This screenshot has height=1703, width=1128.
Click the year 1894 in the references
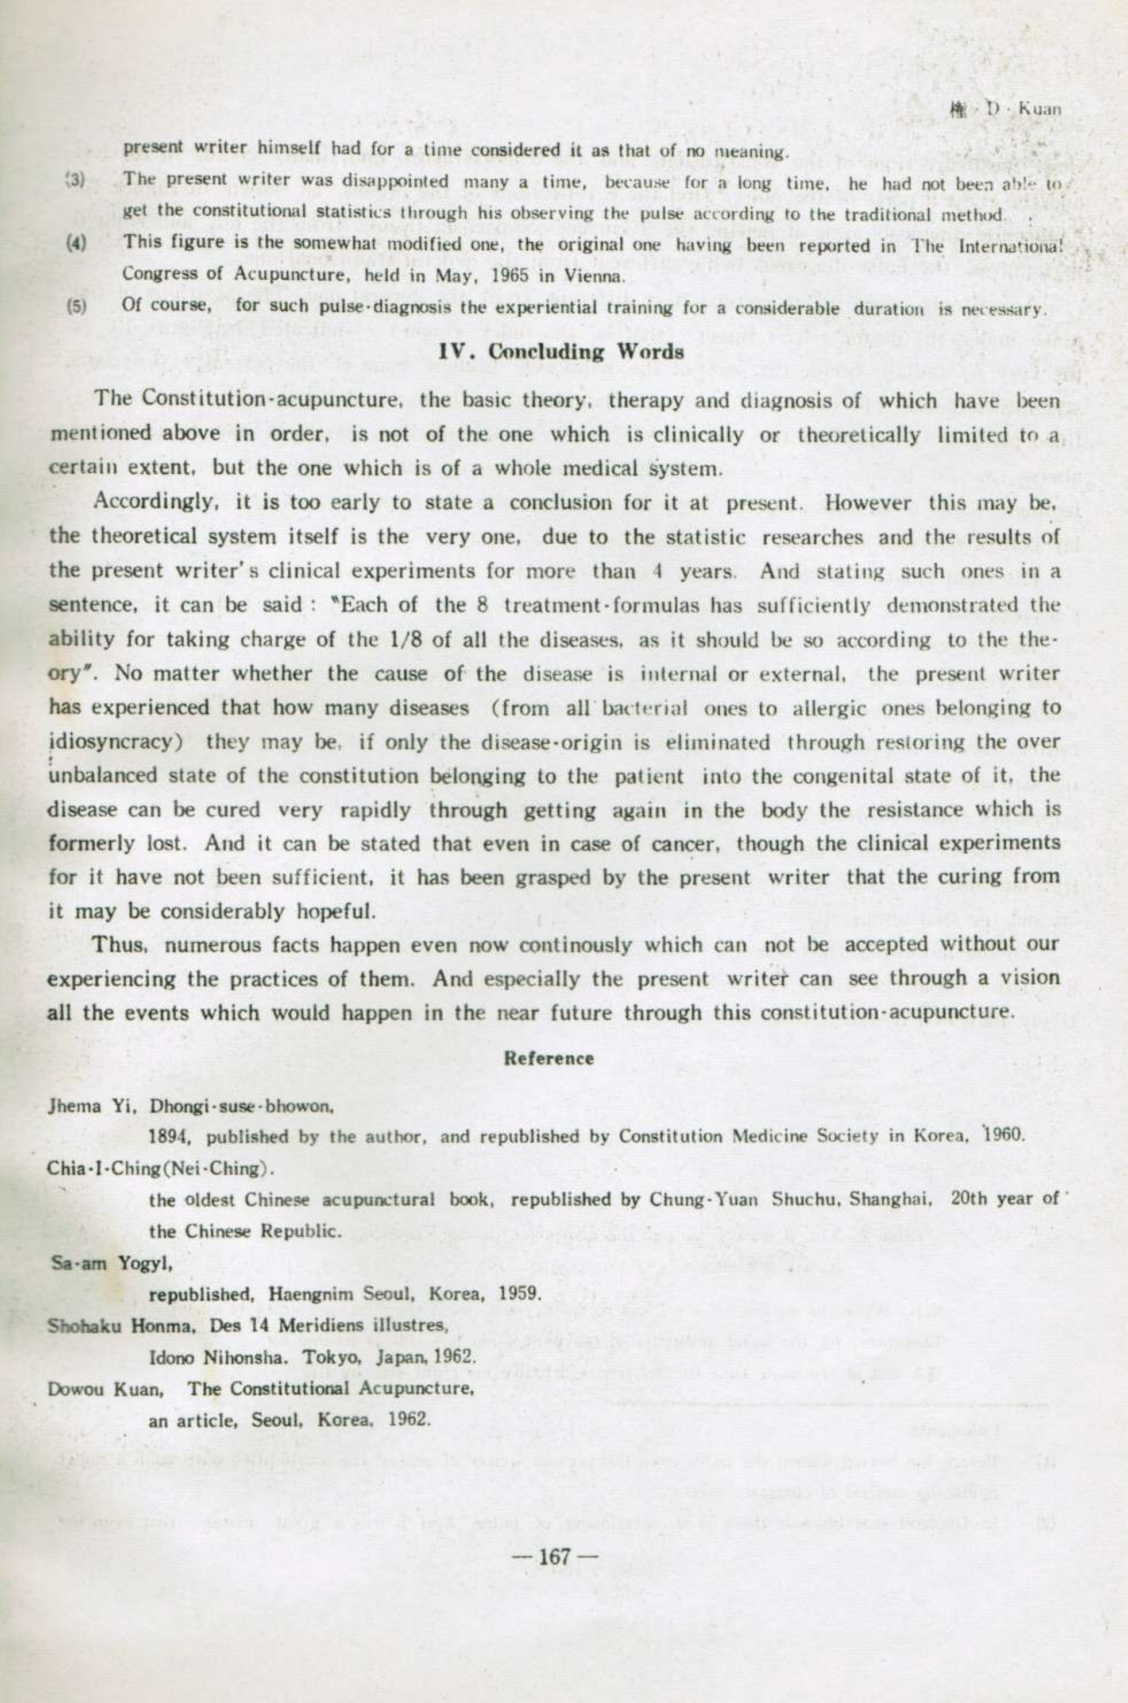168,1136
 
